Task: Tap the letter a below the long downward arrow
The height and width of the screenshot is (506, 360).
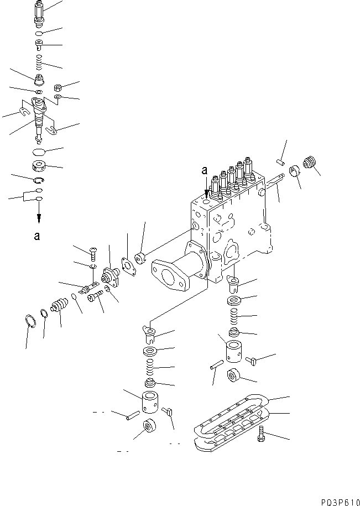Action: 37,236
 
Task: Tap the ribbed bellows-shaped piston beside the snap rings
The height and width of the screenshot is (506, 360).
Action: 58,304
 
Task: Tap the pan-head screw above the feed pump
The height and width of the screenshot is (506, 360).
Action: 92,252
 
